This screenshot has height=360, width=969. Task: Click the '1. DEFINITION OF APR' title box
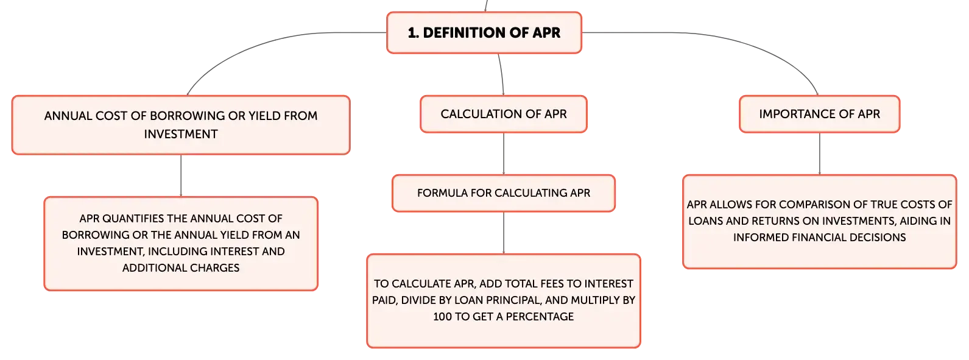[484, 33]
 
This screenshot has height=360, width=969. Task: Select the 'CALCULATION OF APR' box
[504, 115]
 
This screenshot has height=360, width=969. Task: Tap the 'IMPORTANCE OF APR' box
[819, 115]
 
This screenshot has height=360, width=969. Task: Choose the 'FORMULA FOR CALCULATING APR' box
[504, 193]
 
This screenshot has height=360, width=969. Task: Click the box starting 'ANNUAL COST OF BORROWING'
[181, 125]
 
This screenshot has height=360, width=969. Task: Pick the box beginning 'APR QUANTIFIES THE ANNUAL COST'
[181, 244]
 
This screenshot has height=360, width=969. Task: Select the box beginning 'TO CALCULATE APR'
[504, 301]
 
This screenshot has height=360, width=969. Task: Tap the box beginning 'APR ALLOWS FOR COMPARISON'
[819, 222]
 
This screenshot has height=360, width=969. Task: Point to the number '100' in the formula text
[443, 317]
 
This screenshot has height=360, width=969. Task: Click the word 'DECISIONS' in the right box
[877, 238]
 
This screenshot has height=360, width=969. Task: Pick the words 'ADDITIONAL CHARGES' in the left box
[181, 268]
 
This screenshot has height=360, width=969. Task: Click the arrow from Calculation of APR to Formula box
[504, 154]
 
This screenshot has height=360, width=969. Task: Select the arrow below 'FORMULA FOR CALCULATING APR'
[504, 233]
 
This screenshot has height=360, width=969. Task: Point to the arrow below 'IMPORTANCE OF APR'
[819, 154]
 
